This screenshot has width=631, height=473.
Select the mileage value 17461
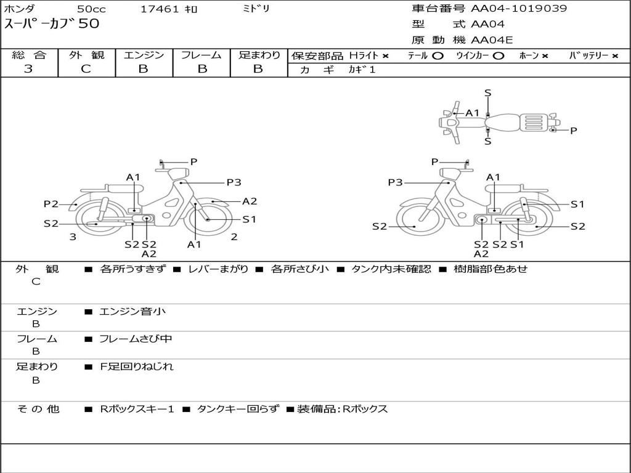click(x=160, y=9)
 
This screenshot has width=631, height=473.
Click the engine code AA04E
click(x=492, y=40)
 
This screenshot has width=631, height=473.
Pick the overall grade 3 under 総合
click(x=28, y=69)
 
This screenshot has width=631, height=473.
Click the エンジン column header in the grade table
click(x=144, y=55)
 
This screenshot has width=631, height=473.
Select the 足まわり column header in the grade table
click(x=259, y=55)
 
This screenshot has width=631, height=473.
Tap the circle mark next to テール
click(x=438, y=55)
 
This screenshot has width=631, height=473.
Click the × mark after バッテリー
click(x=615, y=55)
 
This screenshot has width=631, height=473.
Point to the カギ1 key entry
click(x=362, y=70)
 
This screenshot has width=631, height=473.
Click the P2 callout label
click(x=51, y=204)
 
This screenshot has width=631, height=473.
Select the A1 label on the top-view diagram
click(x=473, y=113)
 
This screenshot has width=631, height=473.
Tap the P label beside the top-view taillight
click(x=573, y=130)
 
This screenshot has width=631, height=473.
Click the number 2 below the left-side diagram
click(x=234, y=236)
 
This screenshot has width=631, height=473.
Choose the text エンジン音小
click(x=132, y=312)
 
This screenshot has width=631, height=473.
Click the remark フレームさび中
click(x=136, y=339)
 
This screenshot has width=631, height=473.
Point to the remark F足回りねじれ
click(x=137, y=366)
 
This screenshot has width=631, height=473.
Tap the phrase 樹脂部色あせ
click(x=491, y=269)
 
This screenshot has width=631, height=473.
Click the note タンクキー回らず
click(x=237, y=409)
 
